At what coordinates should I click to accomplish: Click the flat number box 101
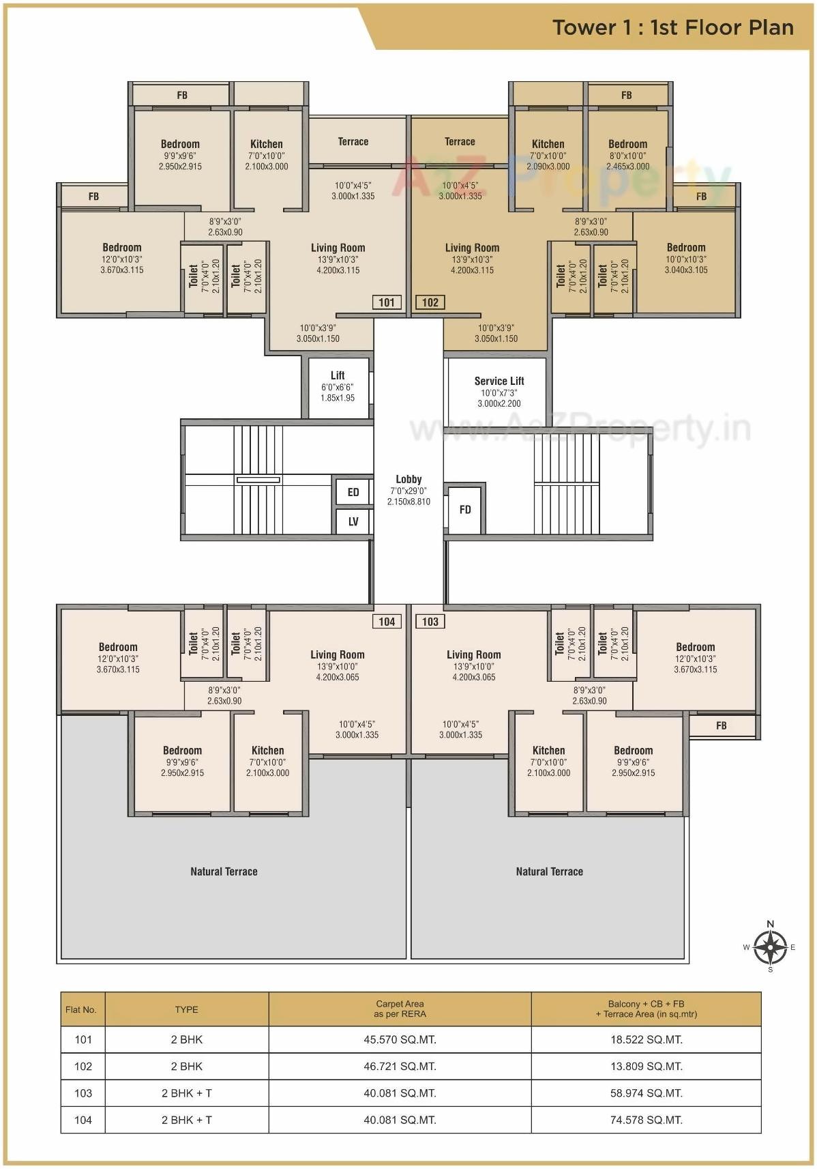[x=387, y=302]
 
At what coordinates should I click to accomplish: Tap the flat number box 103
[x=430, y=622]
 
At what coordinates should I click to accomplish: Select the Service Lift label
[x=499, y=381]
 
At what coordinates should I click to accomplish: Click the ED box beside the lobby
[x=353, y=492]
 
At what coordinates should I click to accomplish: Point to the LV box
[x=353, y=521]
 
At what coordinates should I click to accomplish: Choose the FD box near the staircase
[x=465, y=509]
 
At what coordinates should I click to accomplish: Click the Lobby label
[x=409, y=479]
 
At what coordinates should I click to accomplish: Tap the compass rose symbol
[x=770, y=947]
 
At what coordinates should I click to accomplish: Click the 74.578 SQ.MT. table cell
[x=646, y=1119]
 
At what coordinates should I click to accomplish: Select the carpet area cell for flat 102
[x=400, y=1066]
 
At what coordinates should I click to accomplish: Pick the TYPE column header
[x=186, y=1009]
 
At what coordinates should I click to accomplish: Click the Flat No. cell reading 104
[x=83, y=1119]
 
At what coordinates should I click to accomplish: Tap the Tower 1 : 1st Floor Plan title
[x=672, y=27]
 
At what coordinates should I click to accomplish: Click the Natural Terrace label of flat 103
[x=549, y=871]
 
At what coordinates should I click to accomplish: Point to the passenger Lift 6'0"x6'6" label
[x=338, y=386]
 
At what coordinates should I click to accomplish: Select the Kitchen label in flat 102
[x=548, y=144]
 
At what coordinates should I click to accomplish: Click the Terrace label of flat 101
[x=353, y=142]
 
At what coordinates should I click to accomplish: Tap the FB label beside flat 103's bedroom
[x=722, y=725]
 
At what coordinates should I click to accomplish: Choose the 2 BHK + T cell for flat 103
[x=186, y=1093]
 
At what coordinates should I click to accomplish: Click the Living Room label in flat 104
[x=338, y=654]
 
